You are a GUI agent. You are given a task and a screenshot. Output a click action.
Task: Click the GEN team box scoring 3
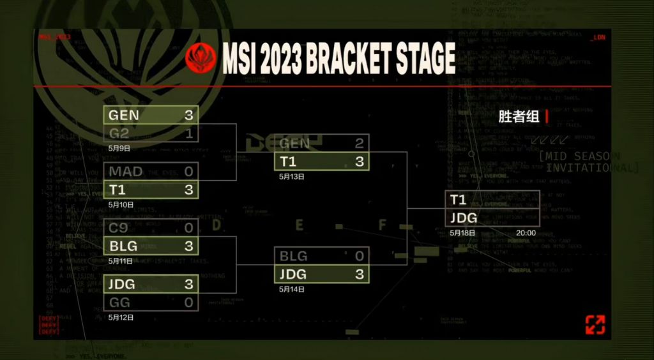pyautogui.click(x=151, y=115)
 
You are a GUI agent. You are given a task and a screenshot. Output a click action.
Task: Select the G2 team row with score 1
pyautogui.click(x=151, y=133)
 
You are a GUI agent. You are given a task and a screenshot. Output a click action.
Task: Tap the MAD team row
pyautogui.click(x=151, y=171)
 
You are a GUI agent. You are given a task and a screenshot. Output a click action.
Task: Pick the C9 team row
pyautogui.click(x=151, y=228)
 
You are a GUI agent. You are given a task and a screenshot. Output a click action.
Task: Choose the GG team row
pyautogui.click(x=151, y=303)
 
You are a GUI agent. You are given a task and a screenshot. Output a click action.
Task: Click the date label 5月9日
pyautogui.click(x=119, y=149)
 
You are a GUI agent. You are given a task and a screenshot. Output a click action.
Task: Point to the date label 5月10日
pyautogui.click(x=121, y=205)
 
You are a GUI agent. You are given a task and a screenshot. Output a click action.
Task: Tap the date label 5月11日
pyautogui.click(x=121, y=261)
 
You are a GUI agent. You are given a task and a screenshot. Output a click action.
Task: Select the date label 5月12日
pyautogui.click(x=121, y=317)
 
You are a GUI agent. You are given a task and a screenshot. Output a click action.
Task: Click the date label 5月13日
pyautogui.click(x=292, y=177)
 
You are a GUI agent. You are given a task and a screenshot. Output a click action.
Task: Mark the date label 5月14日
pyautogui.click(x=292, y=289)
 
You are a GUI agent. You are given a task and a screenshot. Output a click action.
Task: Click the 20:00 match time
pyautogui.click(x=526, y=233)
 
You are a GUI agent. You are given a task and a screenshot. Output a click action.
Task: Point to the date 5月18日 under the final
pyautogui.click(x=462, y=233)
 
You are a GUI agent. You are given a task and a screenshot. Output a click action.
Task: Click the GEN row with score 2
pyautogui.click(x=323, y=144)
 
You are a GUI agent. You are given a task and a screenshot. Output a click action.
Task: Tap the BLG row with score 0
pyautogui.click(x=323, y=256)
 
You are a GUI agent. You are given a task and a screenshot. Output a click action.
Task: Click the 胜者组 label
pyautogui.click(x=519, y=116)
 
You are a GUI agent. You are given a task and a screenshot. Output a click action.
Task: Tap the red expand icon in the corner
pyautogui.click(x=595, y=324)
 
